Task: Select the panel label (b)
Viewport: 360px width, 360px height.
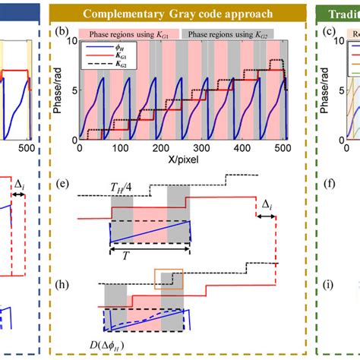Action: [66, 32]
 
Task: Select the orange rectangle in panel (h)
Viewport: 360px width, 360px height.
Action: [167, 278]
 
